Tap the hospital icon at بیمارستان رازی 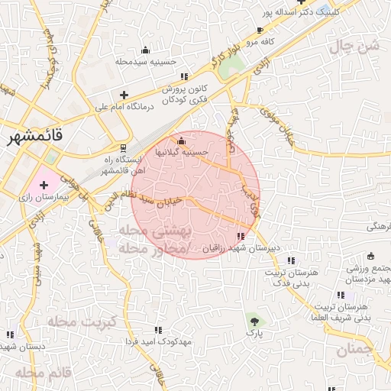pyautogui.click(x=43, y=185)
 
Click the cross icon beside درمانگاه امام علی pyautogui.click(x=124, y=95)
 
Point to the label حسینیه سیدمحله pyautogui.click(x=147, y=60)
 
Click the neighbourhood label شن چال pyautogui.click(x=354, y=46)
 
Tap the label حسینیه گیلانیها pyautogui.click(x=181, y=152)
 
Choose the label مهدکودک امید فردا pyautogui.click(x=163, y=341)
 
